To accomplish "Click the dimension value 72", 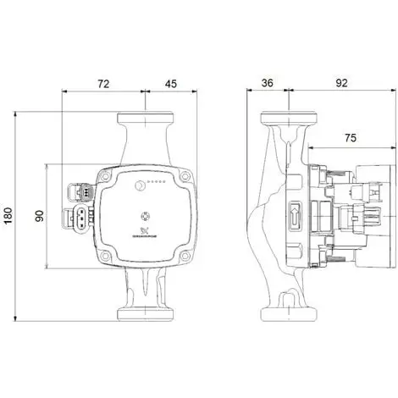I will point(104,85).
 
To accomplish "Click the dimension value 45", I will point(170,85).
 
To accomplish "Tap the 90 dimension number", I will point(39,216).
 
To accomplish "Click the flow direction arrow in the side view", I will point(296,214).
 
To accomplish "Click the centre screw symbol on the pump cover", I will point(144,213).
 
